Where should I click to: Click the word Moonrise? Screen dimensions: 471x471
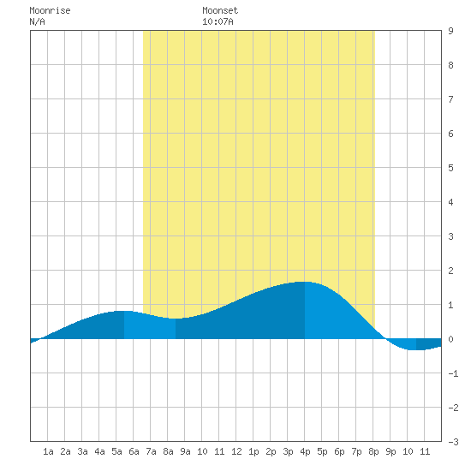[x=50, y=10]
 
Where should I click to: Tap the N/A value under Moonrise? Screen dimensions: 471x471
[x=37, y=21]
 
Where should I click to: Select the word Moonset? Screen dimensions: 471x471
[x=220, y=10]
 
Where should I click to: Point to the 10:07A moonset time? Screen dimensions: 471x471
[x=218, y=21]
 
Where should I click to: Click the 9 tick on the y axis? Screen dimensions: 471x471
[x=450, y=31]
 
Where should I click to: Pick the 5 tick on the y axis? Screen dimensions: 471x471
[x=450, y=168]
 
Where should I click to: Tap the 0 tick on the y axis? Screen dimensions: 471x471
[x=450, y=339]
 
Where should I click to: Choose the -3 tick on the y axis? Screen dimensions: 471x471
[x=454, y=442]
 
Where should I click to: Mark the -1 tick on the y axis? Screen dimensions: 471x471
[x=454, y=373]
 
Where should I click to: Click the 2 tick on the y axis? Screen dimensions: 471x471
[x=450, y=271]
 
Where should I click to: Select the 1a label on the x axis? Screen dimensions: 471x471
[x=48, y=451]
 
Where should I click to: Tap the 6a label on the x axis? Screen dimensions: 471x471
[x=134, y=451]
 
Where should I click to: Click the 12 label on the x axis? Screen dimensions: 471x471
[x=236, y=451]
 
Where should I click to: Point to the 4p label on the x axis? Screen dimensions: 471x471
[x=305, y=451]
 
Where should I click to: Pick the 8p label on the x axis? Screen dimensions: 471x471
[x=373, y=451]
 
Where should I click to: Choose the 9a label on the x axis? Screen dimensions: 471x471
[x=185, y=451]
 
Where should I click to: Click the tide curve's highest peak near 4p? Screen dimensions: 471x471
[x=303, y=282]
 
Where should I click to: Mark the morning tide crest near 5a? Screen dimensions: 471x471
[x=122, y=311]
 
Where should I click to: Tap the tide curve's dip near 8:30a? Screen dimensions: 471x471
[x=176, y=319]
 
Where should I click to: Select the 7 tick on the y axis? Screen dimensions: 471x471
[x=450, y=99]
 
